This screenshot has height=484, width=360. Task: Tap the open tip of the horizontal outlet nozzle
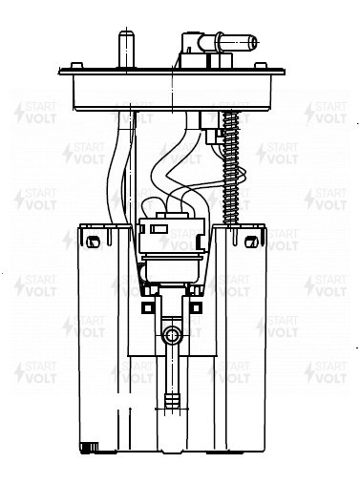pyautogui.click(x=253, y=42)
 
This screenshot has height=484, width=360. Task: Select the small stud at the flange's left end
pyautogui.click(x=76, y=65)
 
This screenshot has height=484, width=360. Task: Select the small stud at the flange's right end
pyautogui.click(x=261, y=65)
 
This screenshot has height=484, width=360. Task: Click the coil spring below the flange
pyautogui.click(x=231, y=168)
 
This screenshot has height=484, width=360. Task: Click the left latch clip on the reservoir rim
pyautogui.click(x=93, y=242)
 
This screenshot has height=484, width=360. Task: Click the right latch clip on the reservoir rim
pyautogui.click(x=251, y=242)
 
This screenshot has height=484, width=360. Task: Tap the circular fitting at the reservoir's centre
pyautogui.click(x=172, y=335)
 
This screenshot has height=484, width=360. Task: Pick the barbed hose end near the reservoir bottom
pyautogui.click(x=172, y=403)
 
